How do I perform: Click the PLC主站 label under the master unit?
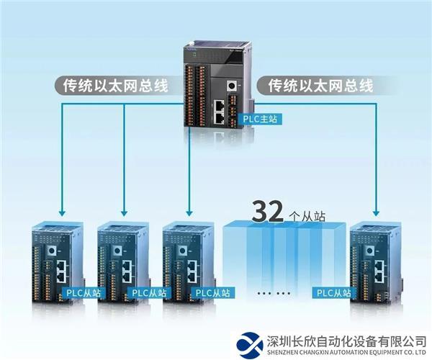click(x=260, y=119)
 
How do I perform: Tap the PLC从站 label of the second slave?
click(x=148, y=293)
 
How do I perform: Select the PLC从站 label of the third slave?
click(x=213, y=293)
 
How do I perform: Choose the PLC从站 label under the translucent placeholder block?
click(x=333, y=293)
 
